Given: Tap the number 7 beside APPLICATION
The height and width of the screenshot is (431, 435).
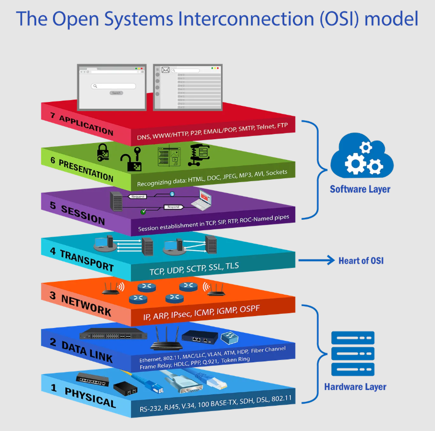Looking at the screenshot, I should pos(53,115).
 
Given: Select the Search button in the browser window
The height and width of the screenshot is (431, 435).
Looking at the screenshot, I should pos(116,93).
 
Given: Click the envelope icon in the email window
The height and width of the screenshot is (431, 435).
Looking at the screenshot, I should pos(166,70).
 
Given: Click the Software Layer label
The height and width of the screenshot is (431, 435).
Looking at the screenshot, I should pos(360,189).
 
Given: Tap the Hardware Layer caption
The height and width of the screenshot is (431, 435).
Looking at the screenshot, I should pos(355,387).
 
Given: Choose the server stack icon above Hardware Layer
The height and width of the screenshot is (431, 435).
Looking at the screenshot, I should pos(352,353).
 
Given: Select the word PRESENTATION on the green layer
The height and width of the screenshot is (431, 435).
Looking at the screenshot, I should pos(86,170).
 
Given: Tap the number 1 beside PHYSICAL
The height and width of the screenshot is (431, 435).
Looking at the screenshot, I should pos(54,388).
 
